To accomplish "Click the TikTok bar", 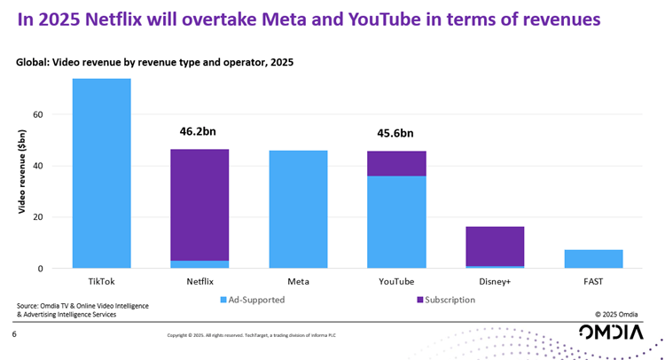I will point(101,173).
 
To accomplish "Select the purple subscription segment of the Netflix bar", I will point(199,205).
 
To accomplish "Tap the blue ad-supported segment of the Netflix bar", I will point(199,264).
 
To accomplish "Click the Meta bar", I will point(298,209).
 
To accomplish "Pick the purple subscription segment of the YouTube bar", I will point(396,163).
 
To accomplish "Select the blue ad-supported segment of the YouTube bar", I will point(396,222).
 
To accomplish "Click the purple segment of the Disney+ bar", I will point(495,246).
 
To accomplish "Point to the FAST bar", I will point(593,259).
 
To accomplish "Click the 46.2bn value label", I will point(199,131).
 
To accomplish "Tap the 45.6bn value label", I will point(395,134).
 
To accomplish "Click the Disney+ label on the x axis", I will point(495,281).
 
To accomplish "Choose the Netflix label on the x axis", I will point(199,281).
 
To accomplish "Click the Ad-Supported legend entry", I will point(252,300).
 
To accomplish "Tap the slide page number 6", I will point(14,334).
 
